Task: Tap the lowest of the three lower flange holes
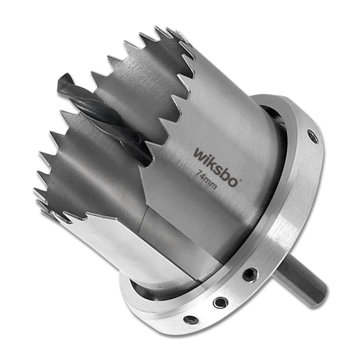pyautogui.click(x=192, y=320)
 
